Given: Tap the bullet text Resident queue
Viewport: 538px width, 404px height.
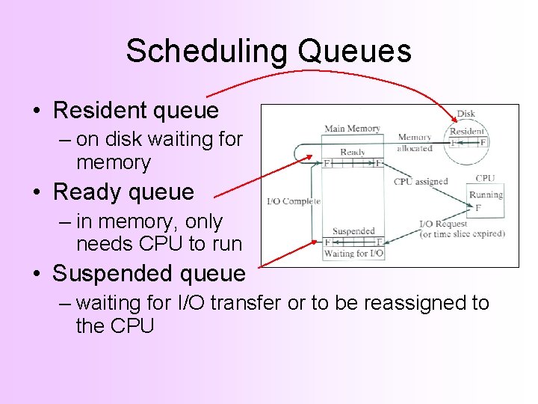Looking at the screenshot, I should (x=136, y=111).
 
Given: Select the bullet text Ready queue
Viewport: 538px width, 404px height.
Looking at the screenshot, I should (x=123, y=192).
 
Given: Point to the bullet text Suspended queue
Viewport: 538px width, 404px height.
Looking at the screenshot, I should (x=149, y=274).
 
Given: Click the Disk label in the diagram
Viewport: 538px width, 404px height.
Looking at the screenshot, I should (x=466, y=114).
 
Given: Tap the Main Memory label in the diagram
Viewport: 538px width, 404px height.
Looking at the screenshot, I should (x=352, y=129).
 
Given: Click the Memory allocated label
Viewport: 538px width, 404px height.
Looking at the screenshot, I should (x=415, y=143).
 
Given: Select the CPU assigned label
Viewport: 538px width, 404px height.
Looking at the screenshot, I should (x=420, y=181).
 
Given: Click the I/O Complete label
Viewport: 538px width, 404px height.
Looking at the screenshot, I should (x=294, y=201).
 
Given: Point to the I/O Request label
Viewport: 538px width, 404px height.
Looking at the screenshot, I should (x=443, y=224).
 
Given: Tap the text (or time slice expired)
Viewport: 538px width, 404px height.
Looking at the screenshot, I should (x=462, y=233).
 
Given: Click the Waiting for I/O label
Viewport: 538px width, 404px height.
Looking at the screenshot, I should (x=353, y=254).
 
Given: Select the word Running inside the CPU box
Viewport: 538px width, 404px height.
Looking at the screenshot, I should (x=486, y=195).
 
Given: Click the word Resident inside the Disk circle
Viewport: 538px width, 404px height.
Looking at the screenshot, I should (x=468, y=131).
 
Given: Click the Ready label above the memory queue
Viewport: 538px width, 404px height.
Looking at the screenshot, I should (x=353, y=152).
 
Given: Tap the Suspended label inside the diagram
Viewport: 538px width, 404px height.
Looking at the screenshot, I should (x=353, y=231).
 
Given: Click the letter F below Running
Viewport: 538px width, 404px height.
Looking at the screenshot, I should (x=478, y=208).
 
